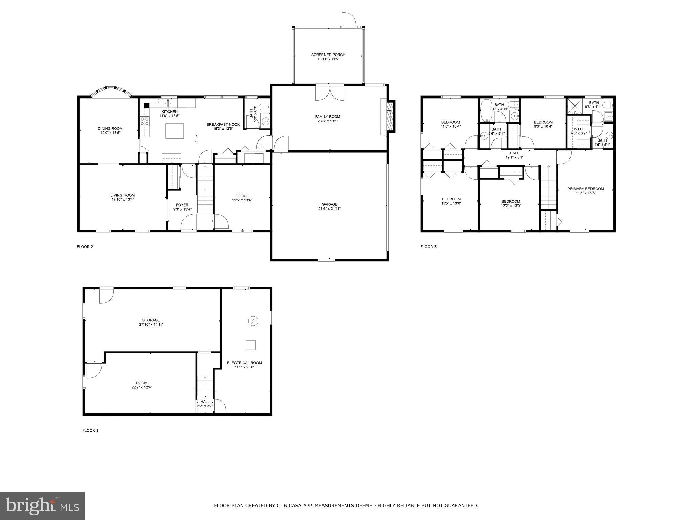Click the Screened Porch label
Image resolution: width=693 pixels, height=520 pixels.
coord(328,55)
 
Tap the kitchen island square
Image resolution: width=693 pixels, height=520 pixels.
coord(175,131)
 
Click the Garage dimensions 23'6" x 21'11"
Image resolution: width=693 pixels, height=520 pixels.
coord(329,209)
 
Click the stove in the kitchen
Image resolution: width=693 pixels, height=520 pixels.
coord(144,121)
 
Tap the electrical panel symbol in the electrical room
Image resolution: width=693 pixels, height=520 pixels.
coord(253,321)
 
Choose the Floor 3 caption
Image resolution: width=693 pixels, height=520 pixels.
coord(428,247)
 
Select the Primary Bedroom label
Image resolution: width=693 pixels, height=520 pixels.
coord(585,189)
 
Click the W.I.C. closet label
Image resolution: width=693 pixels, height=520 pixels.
coord(578,129)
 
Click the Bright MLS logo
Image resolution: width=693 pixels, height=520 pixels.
coord(42,506)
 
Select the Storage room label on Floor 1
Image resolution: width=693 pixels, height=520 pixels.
coord(151,320)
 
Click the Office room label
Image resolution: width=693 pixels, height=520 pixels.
coord(242,196)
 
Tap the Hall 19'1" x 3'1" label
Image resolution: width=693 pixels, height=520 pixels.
coord(514,155)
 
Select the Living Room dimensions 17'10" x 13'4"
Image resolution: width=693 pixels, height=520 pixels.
coord(122,200)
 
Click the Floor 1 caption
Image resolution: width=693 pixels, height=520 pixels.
coord(90,430)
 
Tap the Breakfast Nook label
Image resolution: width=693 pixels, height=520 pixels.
coord(223,124)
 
